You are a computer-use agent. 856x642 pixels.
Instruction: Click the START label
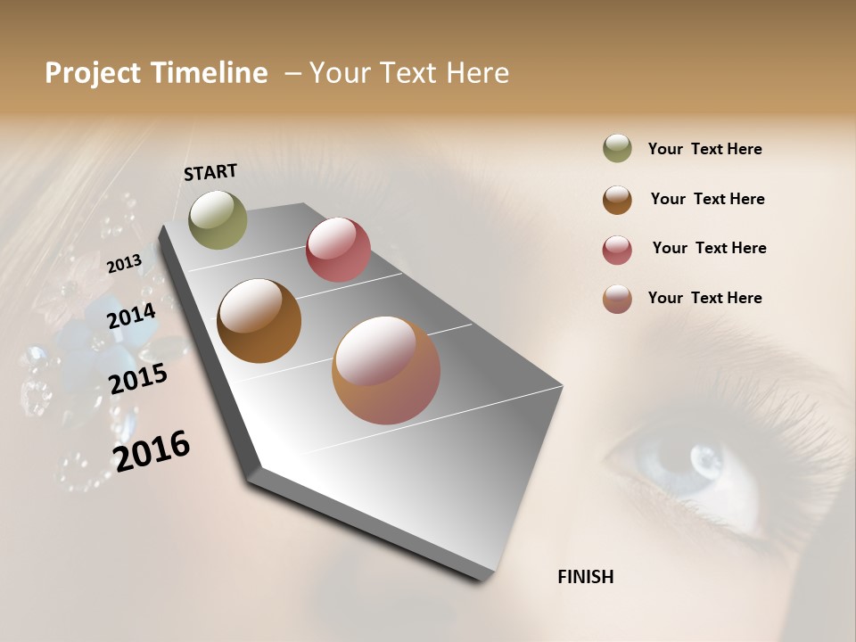point(210,172)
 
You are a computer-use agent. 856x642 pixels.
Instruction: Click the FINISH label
point(585,577)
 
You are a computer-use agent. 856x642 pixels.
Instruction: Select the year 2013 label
point(124,263)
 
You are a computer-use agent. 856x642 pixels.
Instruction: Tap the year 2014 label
point(131,316)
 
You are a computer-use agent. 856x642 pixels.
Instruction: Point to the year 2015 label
point(138,379)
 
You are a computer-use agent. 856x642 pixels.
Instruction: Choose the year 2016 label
point(152,450)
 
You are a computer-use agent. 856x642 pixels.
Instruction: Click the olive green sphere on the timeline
point(218,219)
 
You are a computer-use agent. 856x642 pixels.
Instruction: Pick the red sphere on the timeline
point(338,250)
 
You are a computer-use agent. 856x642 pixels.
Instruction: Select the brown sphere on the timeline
point(259,321)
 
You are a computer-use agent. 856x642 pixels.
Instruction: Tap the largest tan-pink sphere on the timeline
point(386,370)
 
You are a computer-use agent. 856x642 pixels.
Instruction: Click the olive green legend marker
point(617,148)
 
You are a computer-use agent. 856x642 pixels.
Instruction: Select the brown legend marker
point(617,199)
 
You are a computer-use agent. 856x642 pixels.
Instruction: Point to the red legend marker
point(617,249)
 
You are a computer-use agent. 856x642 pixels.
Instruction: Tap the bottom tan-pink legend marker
point(617,299)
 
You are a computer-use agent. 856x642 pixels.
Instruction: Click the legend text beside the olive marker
point(704,149)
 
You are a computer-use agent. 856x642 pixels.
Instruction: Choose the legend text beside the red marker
point(709,248)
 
